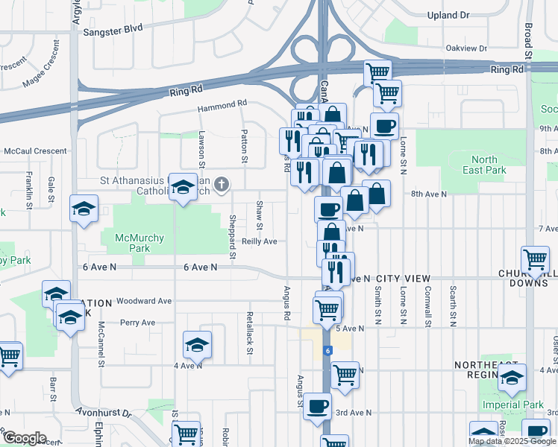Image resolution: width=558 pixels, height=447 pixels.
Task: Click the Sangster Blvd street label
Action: coord(113,31)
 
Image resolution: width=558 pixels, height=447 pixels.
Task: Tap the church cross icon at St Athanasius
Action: coord(222,185)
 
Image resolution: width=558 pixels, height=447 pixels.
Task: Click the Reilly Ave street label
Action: coord(260,241)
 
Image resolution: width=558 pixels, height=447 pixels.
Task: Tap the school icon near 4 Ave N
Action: coord(197,344)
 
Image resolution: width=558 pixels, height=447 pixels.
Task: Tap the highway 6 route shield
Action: coord(327,349)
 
